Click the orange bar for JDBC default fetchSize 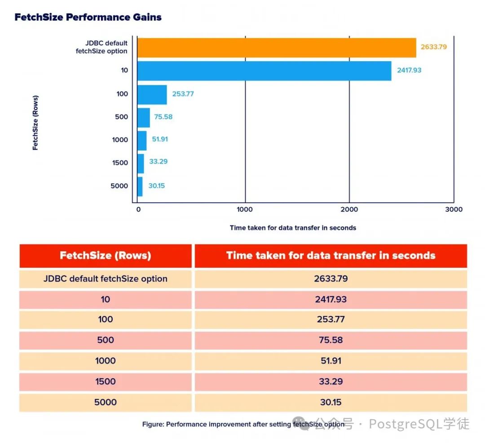point(276,48)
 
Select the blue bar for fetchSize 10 point(264,71)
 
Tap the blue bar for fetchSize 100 point(152,94)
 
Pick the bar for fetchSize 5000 point(140,186)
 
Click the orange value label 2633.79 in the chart point(434,47)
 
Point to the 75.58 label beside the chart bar point(163,117)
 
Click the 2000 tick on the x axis point(349,209)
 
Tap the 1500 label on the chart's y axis point(120,163)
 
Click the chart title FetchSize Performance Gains point(88,18)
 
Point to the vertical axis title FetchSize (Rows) point(35,122)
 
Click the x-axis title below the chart point(293,228)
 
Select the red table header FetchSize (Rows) point(106,256)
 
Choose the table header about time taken point(331,256)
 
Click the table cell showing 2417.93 point(331,299)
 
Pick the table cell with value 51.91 point(331,361)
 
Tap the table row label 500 point(106,340)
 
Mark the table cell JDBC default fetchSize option point(106,279)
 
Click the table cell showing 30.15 point(331,402)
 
